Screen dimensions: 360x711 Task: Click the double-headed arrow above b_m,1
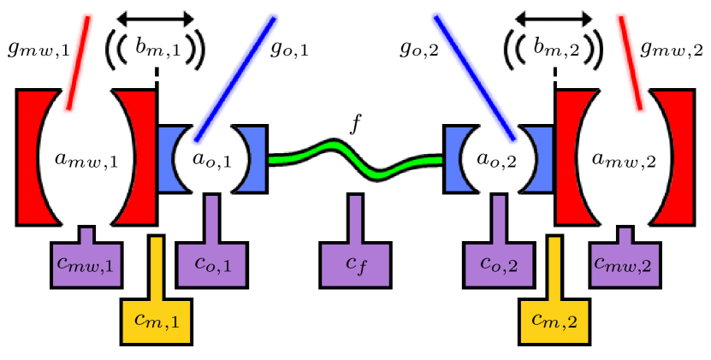(157, 17)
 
